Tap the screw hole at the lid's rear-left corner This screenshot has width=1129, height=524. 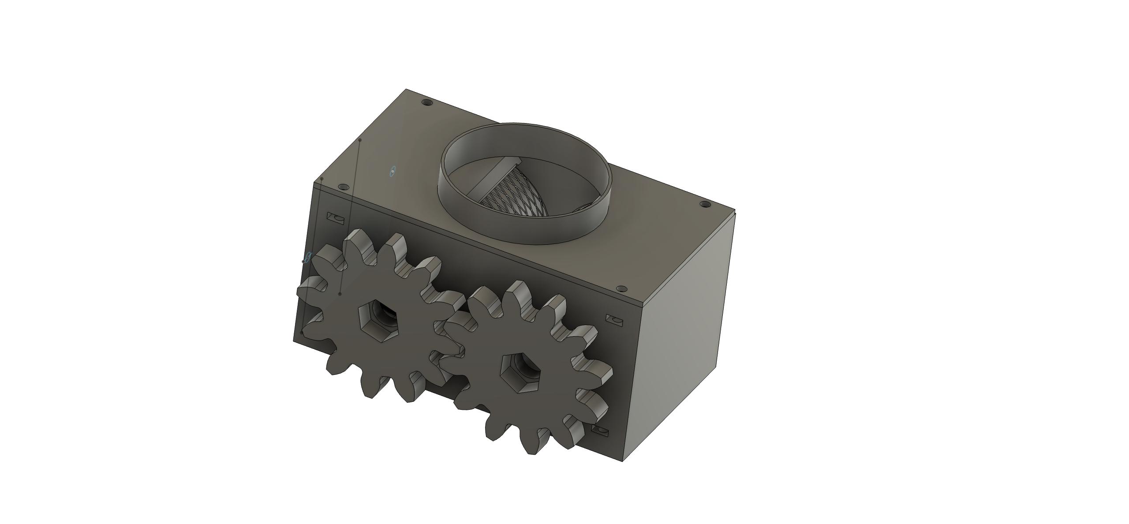[x=426, y=103]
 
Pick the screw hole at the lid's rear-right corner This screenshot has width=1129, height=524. [x=705, y=205]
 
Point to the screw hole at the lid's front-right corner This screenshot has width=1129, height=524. [x=622, y=289]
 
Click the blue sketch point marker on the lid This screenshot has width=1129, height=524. [x=393, y=171]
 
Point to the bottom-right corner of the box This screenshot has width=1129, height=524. [x=623, y=461]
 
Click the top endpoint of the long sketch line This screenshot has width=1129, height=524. [x=360, y=140]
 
